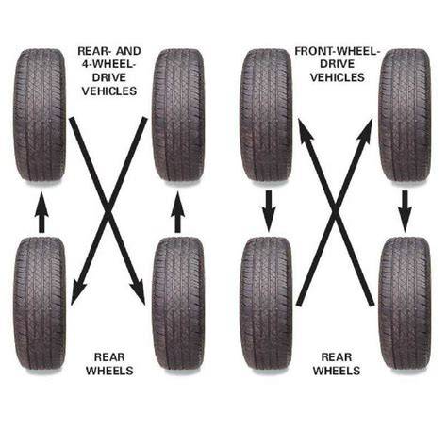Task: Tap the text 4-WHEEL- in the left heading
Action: (x=108, y=64)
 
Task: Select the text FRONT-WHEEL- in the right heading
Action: (x=338, y=51)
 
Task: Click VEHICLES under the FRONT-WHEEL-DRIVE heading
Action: (x=338, y=77)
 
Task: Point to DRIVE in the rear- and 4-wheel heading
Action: (x=108, y=77)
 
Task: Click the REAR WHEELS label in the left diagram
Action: (x=109, y=364)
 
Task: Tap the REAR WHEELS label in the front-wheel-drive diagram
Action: (x=337, y=364)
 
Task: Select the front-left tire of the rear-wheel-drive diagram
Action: (x=40, y=115)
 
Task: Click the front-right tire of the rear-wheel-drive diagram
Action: (x=178, y=115)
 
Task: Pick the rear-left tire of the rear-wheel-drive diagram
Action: (x=40, y=304)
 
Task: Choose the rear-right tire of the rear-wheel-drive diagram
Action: (x=178, y=304)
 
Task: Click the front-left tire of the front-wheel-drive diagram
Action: (x=266, y=115)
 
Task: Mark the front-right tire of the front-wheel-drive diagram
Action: (x=405, y=115)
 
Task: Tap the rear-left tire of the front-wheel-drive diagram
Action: (x=266, y=304)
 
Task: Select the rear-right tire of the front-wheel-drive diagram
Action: (x=405, y=304)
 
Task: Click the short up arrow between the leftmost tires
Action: (x=41, y=212)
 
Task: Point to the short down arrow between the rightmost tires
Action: (x=405, y=211)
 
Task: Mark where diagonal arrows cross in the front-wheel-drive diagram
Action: (x=335, y=212)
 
